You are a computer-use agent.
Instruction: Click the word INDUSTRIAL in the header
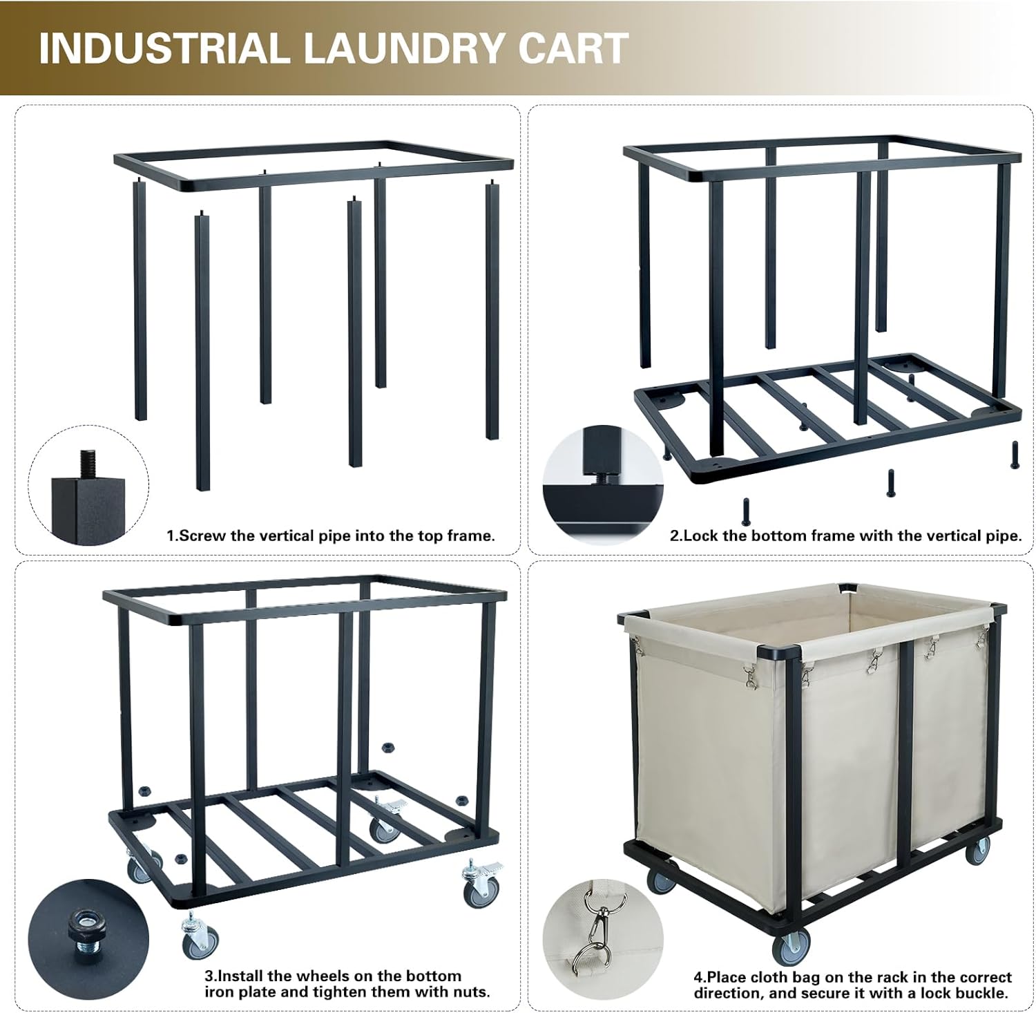point(163,48)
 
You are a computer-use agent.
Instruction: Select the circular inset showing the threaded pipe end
point(88,484)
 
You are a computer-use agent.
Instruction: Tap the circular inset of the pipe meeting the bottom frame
point(602,484)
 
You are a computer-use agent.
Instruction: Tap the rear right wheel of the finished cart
point(980,853)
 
